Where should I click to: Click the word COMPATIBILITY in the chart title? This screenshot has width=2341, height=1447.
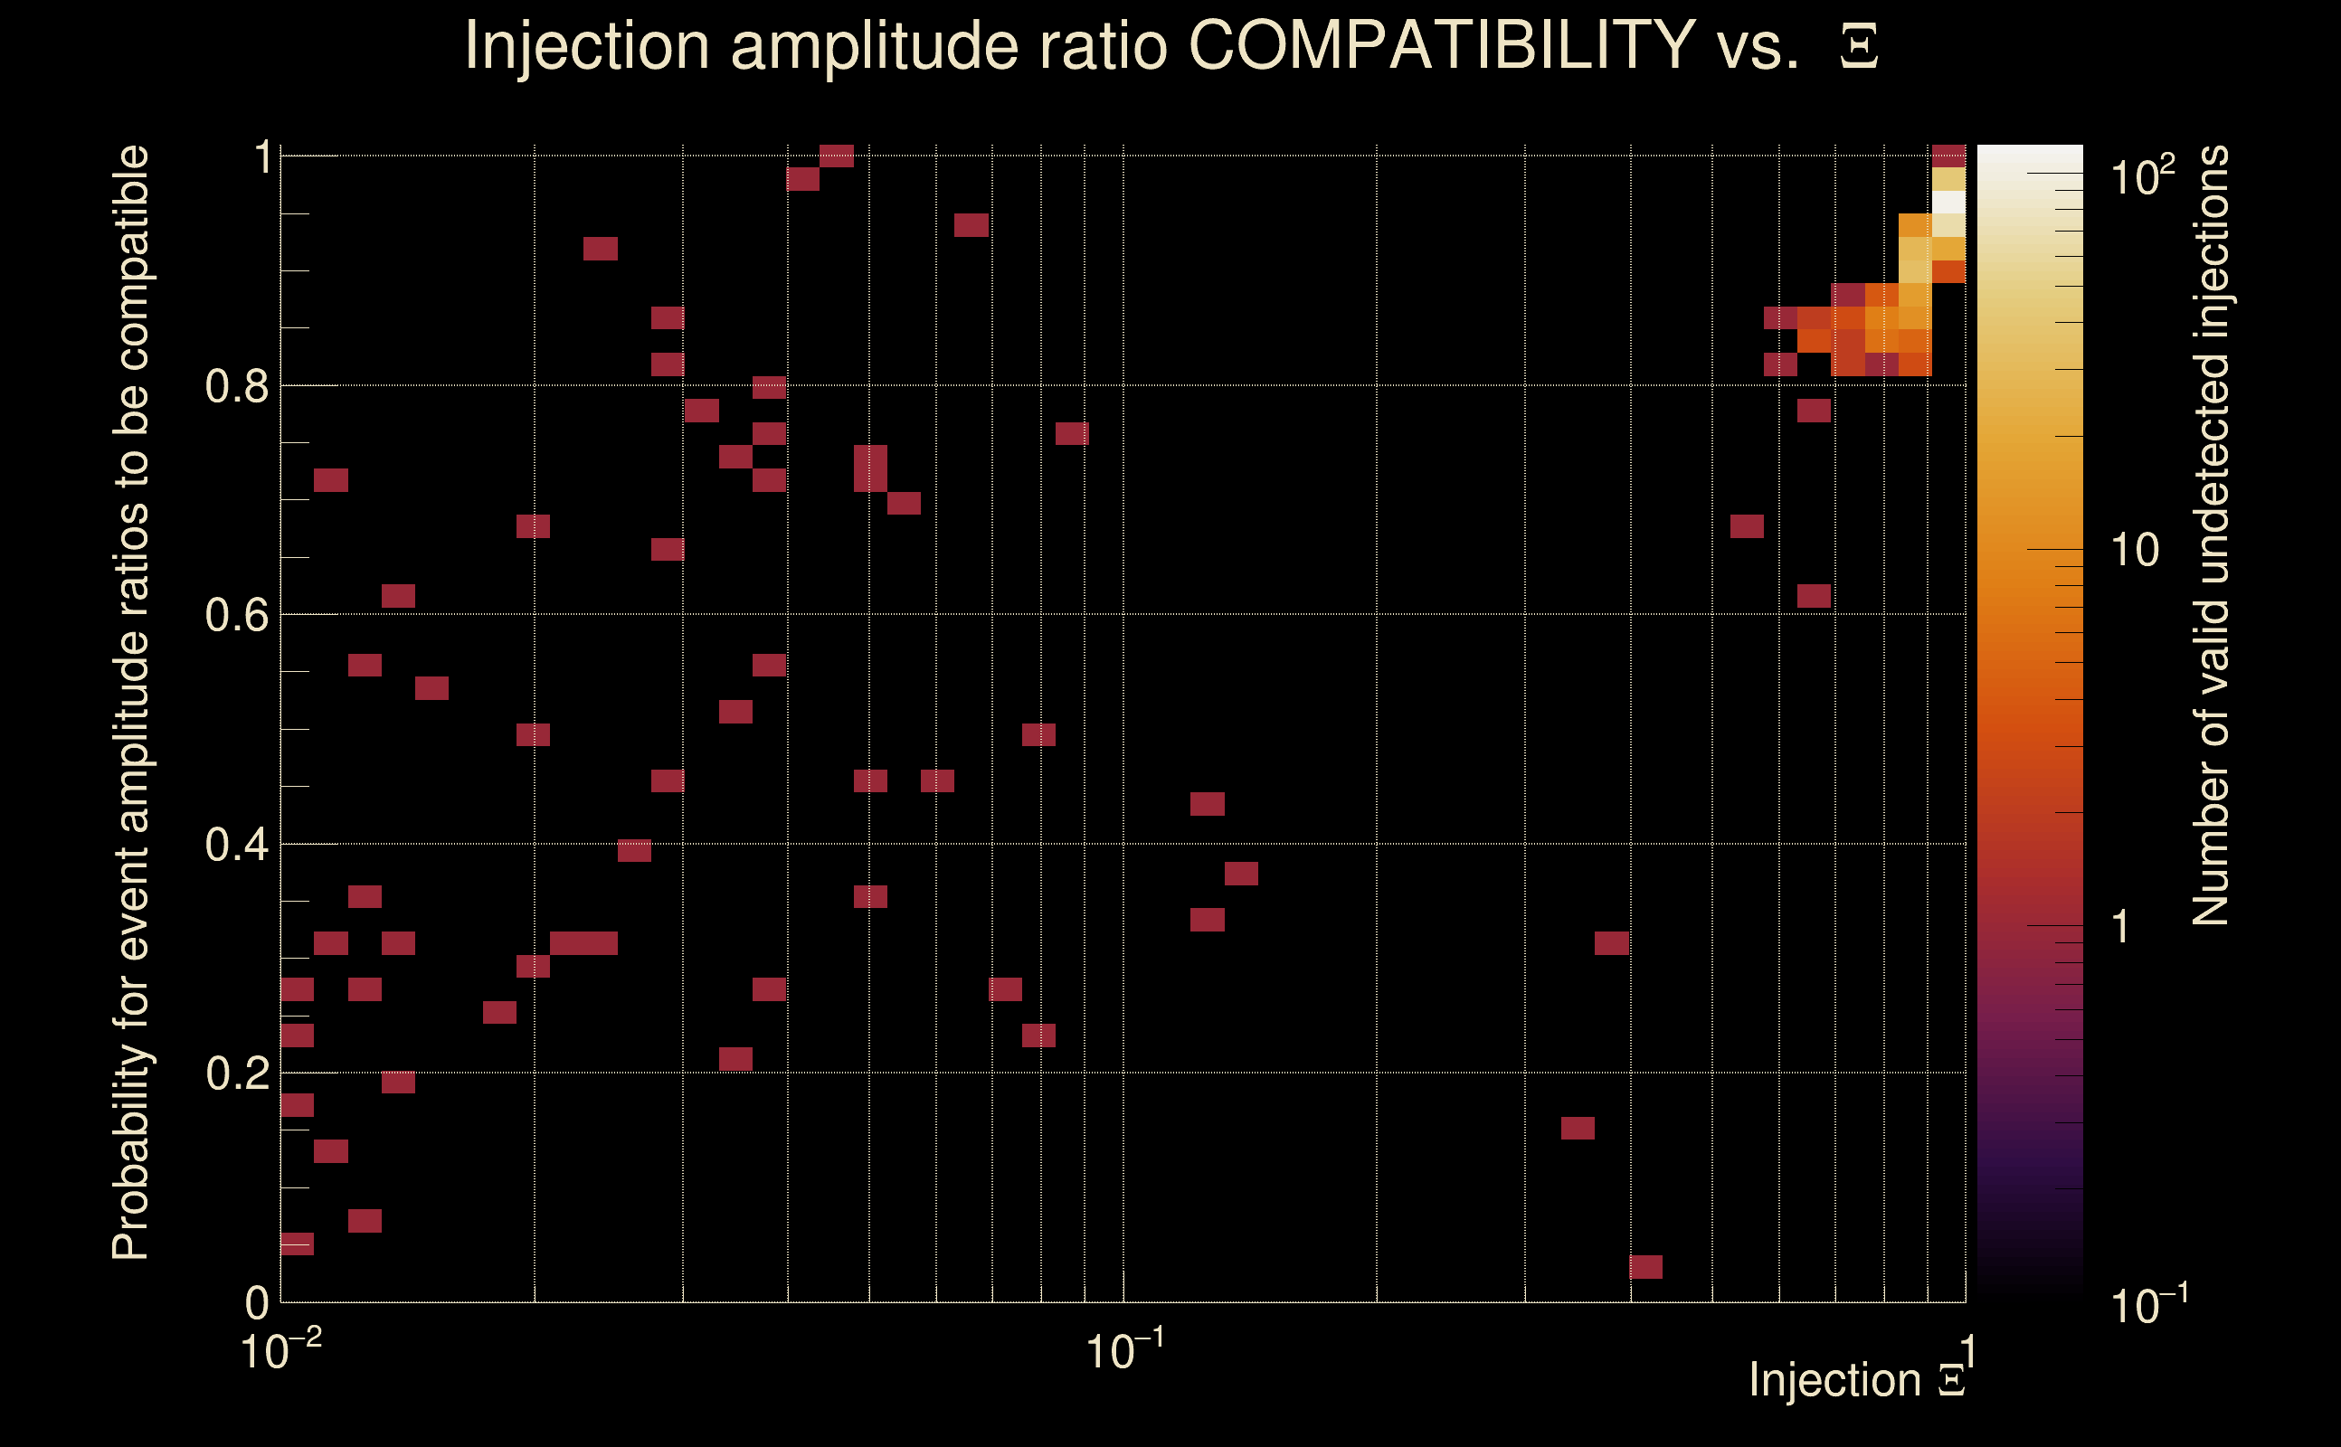[x=1441, y=46]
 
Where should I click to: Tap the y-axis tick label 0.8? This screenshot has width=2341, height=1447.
[x=236, y=387]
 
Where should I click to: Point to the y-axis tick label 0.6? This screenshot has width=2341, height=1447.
[x=236, y=615]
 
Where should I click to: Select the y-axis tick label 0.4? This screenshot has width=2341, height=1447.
[x=236, y=845]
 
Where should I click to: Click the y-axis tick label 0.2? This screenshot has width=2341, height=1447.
[x=236, y=1073]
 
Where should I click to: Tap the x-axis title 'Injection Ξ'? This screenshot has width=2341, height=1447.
[x=1857, y=1380]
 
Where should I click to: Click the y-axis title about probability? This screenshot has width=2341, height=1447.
[x=131, y=704]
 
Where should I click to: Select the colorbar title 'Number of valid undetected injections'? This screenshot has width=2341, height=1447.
[x=2211, y=536]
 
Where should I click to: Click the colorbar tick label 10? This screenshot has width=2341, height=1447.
[x=2134, y=550]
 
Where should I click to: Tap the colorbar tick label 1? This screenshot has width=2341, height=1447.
[x=2121, y=927]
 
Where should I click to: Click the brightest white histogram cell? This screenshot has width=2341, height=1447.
[x=1948, y=203]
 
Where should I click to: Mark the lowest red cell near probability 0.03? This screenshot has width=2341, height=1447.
[x=1645, y=1267]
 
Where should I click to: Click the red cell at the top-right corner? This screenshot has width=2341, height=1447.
[x=1948, y=155]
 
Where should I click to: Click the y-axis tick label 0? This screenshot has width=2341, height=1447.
[x=257, y=1303]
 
